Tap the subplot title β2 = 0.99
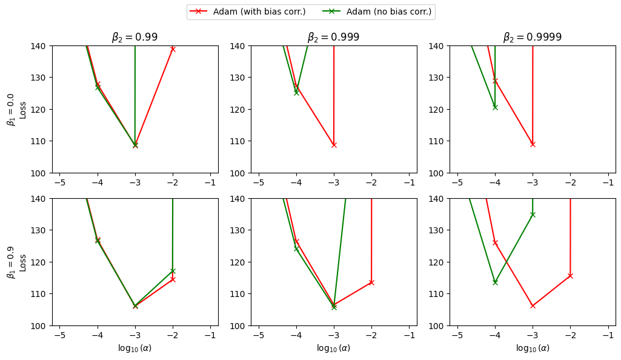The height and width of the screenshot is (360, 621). (134, 37)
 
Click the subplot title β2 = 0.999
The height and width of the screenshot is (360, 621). (333, 37)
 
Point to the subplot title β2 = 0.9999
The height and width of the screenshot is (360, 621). (532, 37)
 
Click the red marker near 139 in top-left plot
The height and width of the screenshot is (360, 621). (173, 48)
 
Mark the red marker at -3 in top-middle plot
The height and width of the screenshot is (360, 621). (334, 145)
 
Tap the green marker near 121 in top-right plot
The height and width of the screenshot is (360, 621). (495, 107)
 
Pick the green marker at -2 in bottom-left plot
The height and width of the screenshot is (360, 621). (173, 271)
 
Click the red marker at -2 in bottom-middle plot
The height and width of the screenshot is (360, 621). (371, 282)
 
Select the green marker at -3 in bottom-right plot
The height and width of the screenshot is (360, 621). (533, 215)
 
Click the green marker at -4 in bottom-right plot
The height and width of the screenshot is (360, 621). (495, 282)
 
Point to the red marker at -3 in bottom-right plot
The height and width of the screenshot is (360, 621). (533, 305)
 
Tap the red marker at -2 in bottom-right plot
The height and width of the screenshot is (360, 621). (570, 276)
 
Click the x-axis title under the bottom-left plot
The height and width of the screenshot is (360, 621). (134, 348)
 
